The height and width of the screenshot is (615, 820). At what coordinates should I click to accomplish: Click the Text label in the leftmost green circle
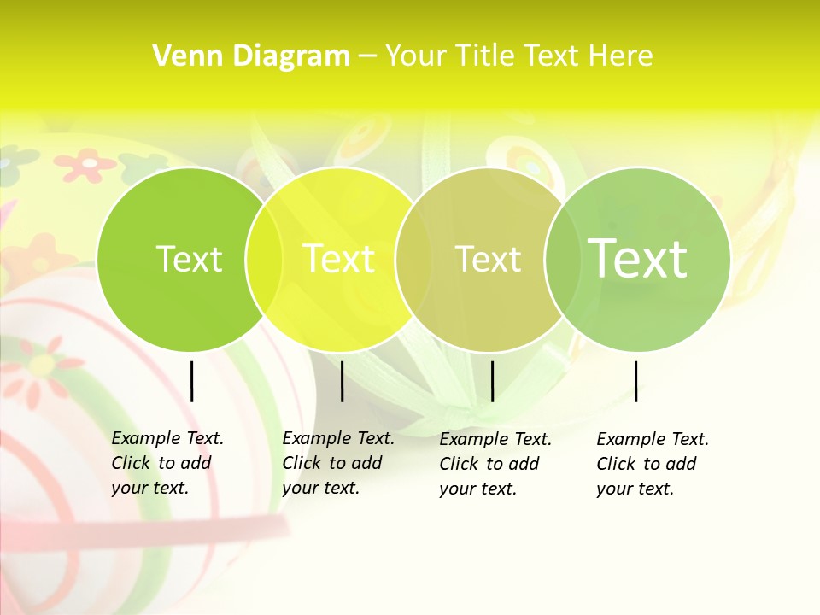189,259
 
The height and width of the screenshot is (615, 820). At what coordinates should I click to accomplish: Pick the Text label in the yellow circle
339,259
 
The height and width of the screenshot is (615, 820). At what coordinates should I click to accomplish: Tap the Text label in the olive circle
488,259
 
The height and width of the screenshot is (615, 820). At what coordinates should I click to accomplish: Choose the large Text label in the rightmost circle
637,259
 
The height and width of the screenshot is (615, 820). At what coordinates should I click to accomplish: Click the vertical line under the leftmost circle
191,381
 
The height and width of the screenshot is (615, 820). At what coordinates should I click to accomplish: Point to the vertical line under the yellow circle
342,381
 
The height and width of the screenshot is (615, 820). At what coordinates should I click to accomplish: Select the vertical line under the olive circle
492,381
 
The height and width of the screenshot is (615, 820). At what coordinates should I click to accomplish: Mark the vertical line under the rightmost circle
636,381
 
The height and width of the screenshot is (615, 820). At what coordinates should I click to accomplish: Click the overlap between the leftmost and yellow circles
264,260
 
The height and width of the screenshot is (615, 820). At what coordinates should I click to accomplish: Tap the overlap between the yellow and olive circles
413,260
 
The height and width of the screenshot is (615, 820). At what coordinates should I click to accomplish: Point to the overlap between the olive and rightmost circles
562,260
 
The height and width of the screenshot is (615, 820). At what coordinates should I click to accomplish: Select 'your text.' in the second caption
320,488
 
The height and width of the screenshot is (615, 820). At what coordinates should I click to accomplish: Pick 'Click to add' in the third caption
489,464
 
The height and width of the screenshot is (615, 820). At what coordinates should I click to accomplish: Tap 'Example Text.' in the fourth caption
653,439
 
